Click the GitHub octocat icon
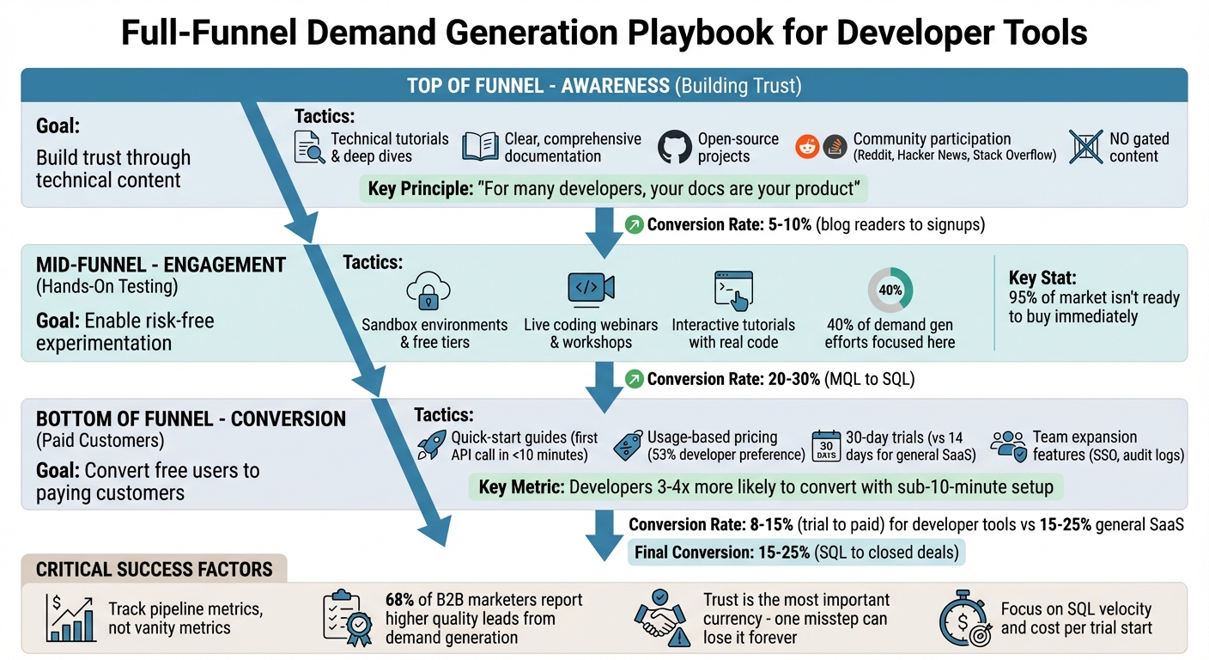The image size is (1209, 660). (x=674, y=147)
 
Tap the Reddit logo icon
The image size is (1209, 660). (x=807, y=146)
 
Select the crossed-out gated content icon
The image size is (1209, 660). (x=1085, y=147)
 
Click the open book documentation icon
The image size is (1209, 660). (x=480, y=147)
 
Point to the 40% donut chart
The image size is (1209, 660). (x=890, y=290)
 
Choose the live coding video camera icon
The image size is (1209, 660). (x=591, y=290)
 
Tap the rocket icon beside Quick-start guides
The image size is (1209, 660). (x=431, y=445)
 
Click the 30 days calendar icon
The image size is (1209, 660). (x=825, y=445)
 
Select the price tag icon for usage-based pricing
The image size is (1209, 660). (x=629, y=445)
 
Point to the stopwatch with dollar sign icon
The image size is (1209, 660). (x=966, y=618)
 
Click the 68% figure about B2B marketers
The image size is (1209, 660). (x=402, y=600)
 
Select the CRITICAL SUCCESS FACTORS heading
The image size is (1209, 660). (x=155, y=569)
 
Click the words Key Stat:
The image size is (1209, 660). (x=1043, y=278)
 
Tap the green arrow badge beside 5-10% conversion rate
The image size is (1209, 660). (x=634, y=225)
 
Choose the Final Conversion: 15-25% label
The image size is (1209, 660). (x=721, y=553)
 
